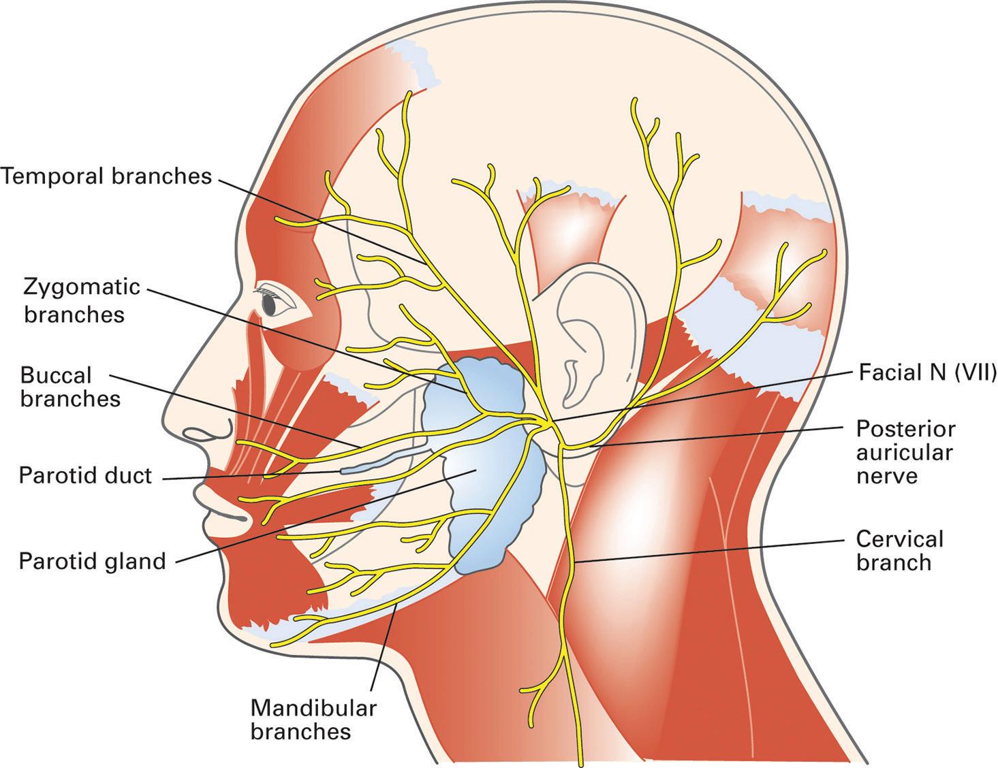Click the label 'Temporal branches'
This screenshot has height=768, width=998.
click(106, 176)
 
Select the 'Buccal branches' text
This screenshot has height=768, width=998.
click(70, 387)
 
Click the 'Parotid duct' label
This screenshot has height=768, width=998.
click(85, 475)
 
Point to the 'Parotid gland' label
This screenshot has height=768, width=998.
click(93, 562)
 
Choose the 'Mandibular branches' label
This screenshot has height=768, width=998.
click(313, 720)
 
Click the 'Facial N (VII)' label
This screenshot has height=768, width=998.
click(927, 372)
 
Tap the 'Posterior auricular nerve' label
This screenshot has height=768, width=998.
click(905, 452)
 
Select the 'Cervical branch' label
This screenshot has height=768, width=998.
click(899, 551)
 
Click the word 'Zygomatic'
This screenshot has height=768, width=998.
click(82, 287)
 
